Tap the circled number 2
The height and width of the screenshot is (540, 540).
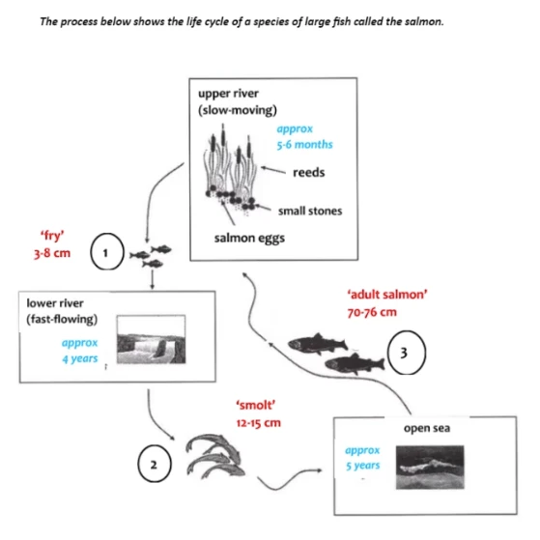[154, 464]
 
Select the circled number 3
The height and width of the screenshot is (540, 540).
[407, 353]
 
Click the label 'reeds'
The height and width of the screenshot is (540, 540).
[308, 172]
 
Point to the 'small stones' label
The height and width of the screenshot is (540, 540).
[310, 211]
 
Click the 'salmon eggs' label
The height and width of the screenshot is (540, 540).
[249, 239]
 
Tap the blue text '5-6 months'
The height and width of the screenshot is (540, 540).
[305, 144]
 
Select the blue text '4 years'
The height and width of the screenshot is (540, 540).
[80, 358]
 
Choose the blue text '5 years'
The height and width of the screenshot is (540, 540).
[362, 466]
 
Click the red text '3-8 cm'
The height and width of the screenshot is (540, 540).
[52, 253]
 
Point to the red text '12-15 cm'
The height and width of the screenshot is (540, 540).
[258, 423]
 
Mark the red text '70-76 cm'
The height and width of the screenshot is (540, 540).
[372, 312]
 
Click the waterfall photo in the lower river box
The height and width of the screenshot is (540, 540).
[152, 339]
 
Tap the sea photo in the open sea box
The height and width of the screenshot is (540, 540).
[430, 468]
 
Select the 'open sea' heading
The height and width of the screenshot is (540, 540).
[427, 428]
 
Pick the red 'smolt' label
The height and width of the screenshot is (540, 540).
[256, 405]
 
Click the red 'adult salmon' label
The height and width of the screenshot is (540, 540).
[387, 295]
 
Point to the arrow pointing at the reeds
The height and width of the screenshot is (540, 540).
[273, 170]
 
